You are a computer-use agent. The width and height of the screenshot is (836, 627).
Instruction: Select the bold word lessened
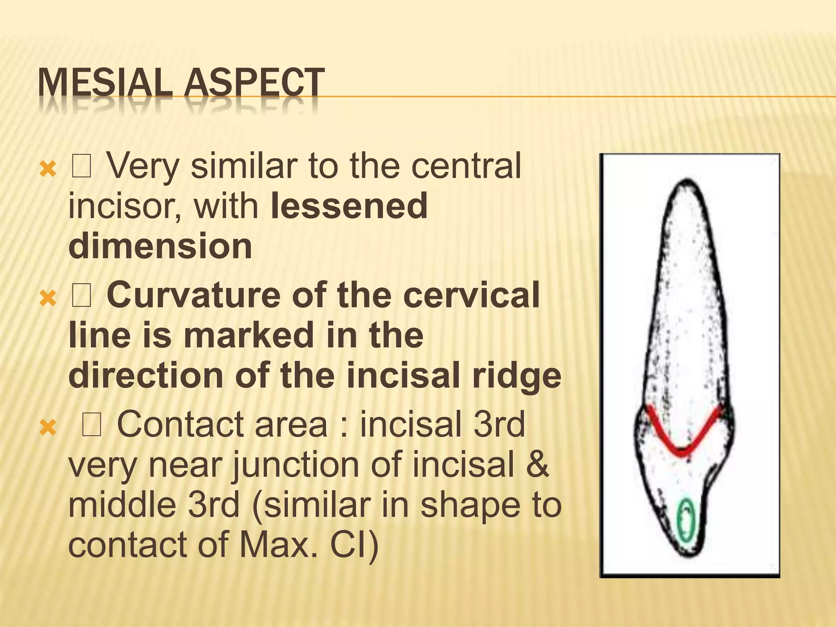click(x=349, y=206)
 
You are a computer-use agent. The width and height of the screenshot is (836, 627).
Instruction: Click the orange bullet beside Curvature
click(x=48, y=299)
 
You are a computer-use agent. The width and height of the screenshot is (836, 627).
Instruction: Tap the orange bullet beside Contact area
click(x=48, y=428)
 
